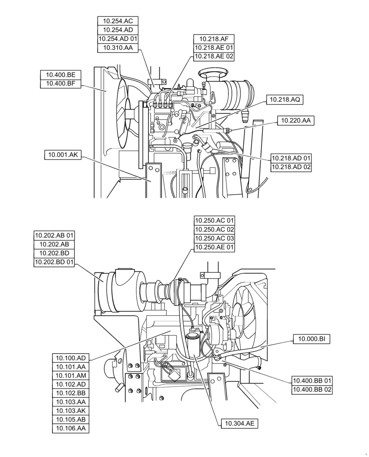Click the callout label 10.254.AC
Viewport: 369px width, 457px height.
(118, 21)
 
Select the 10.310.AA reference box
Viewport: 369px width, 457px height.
(118, 48)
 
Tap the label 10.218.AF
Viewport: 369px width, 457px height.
(214, 39)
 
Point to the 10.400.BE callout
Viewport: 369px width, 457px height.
(60, 74)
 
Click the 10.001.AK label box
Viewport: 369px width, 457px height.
(63, 155)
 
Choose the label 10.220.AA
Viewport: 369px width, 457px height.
(295, 121)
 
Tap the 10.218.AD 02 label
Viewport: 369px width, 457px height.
(291, 167)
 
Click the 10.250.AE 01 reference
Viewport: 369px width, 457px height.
(214, 247)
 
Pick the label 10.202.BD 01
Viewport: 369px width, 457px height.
(54, 262)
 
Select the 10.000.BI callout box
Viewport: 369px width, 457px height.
(311, 339)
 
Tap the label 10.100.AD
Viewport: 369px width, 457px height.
(71, 358)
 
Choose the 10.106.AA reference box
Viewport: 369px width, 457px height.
(71, 428)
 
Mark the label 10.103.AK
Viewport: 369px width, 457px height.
(71, 410)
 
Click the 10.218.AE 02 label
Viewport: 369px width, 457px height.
(214, 56)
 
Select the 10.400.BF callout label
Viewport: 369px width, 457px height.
(60, 83)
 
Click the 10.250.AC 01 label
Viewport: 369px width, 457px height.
(214, 221)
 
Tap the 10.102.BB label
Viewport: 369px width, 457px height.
(71, 393)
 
